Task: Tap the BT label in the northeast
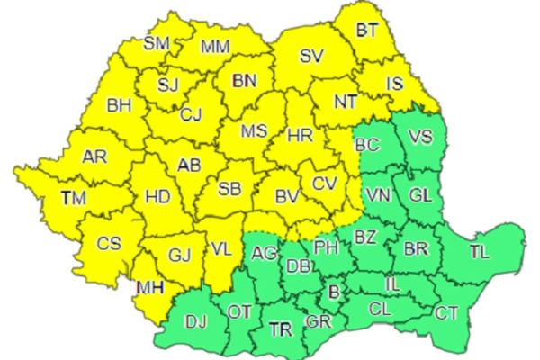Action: [366, 30]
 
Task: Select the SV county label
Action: [311, 56]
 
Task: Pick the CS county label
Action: [109, 243]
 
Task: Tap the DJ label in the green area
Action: [195, 320]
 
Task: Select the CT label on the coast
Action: [445, 314]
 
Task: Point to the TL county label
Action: [479, 252]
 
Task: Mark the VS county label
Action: [420, 138]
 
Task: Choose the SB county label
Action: [230, 189]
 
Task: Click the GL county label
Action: [420, 193]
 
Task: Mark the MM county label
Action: [215, 46]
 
